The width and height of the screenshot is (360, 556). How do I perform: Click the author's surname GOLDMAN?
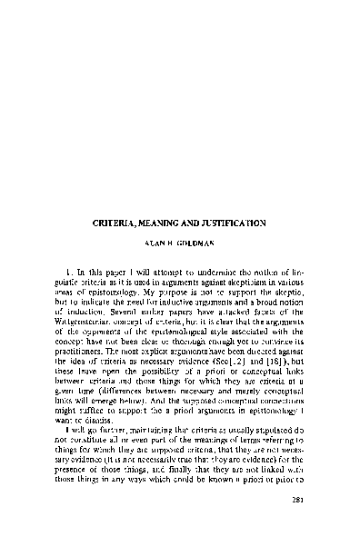click(x=202, y=244)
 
